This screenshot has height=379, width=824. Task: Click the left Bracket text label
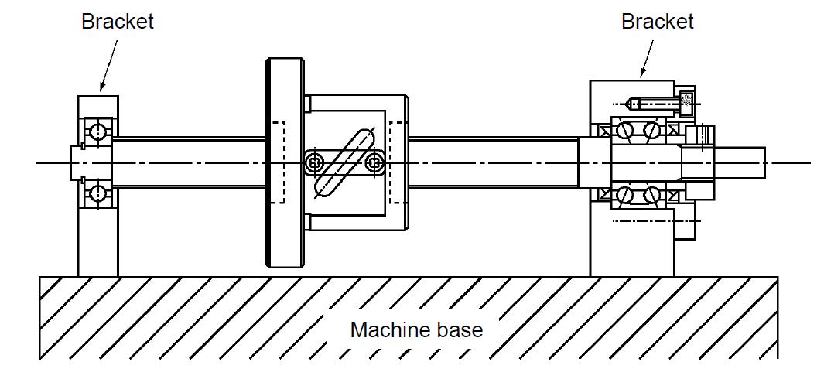[118, 22]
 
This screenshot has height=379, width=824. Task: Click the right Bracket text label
[657, 22]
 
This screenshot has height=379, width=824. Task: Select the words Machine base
[416, 330]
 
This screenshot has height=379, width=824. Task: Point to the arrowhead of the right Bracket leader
[641, 76]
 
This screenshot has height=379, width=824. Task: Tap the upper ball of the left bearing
[97, 131]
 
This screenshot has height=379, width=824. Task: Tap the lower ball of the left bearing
[97, 193]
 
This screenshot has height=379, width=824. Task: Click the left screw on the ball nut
[313, 163]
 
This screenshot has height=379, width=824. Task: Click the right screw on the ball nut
[375, 163]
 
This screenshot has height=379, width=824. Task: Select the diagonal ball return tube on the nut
[344, 163]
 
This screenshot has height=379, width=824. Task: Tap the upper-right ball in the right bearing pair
[652, 129]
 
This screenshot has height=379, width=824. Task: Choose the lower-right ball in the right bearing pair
[652, 196]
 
